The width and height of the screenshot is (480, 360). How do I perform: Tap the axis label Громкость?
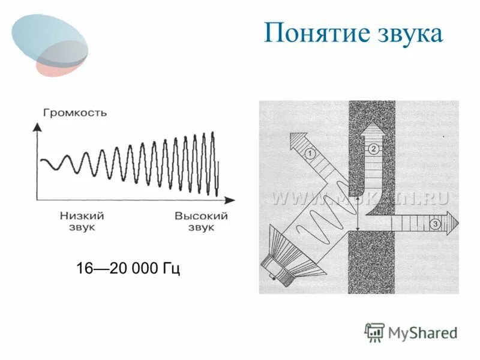[x=75, y=112]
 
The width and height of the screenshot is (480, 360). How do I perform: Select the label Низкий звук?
[x=82, y=221]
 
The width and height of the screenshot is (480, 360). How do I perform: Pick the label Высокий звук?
[x=202, y=221]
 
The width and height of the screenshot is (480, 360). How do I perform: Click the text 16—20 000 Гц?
[x=128, y=268]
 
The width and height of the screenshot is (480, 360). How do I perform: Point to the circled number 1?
[x=310, y=154]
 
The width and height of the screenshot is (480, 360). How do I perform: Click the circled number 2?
[x=373, y=149]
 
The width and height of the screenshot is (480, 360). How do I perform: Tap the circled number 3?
[x=435, y=224]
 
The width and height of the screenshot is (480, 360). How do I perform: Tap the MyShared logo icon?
[x=374, y=332]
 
